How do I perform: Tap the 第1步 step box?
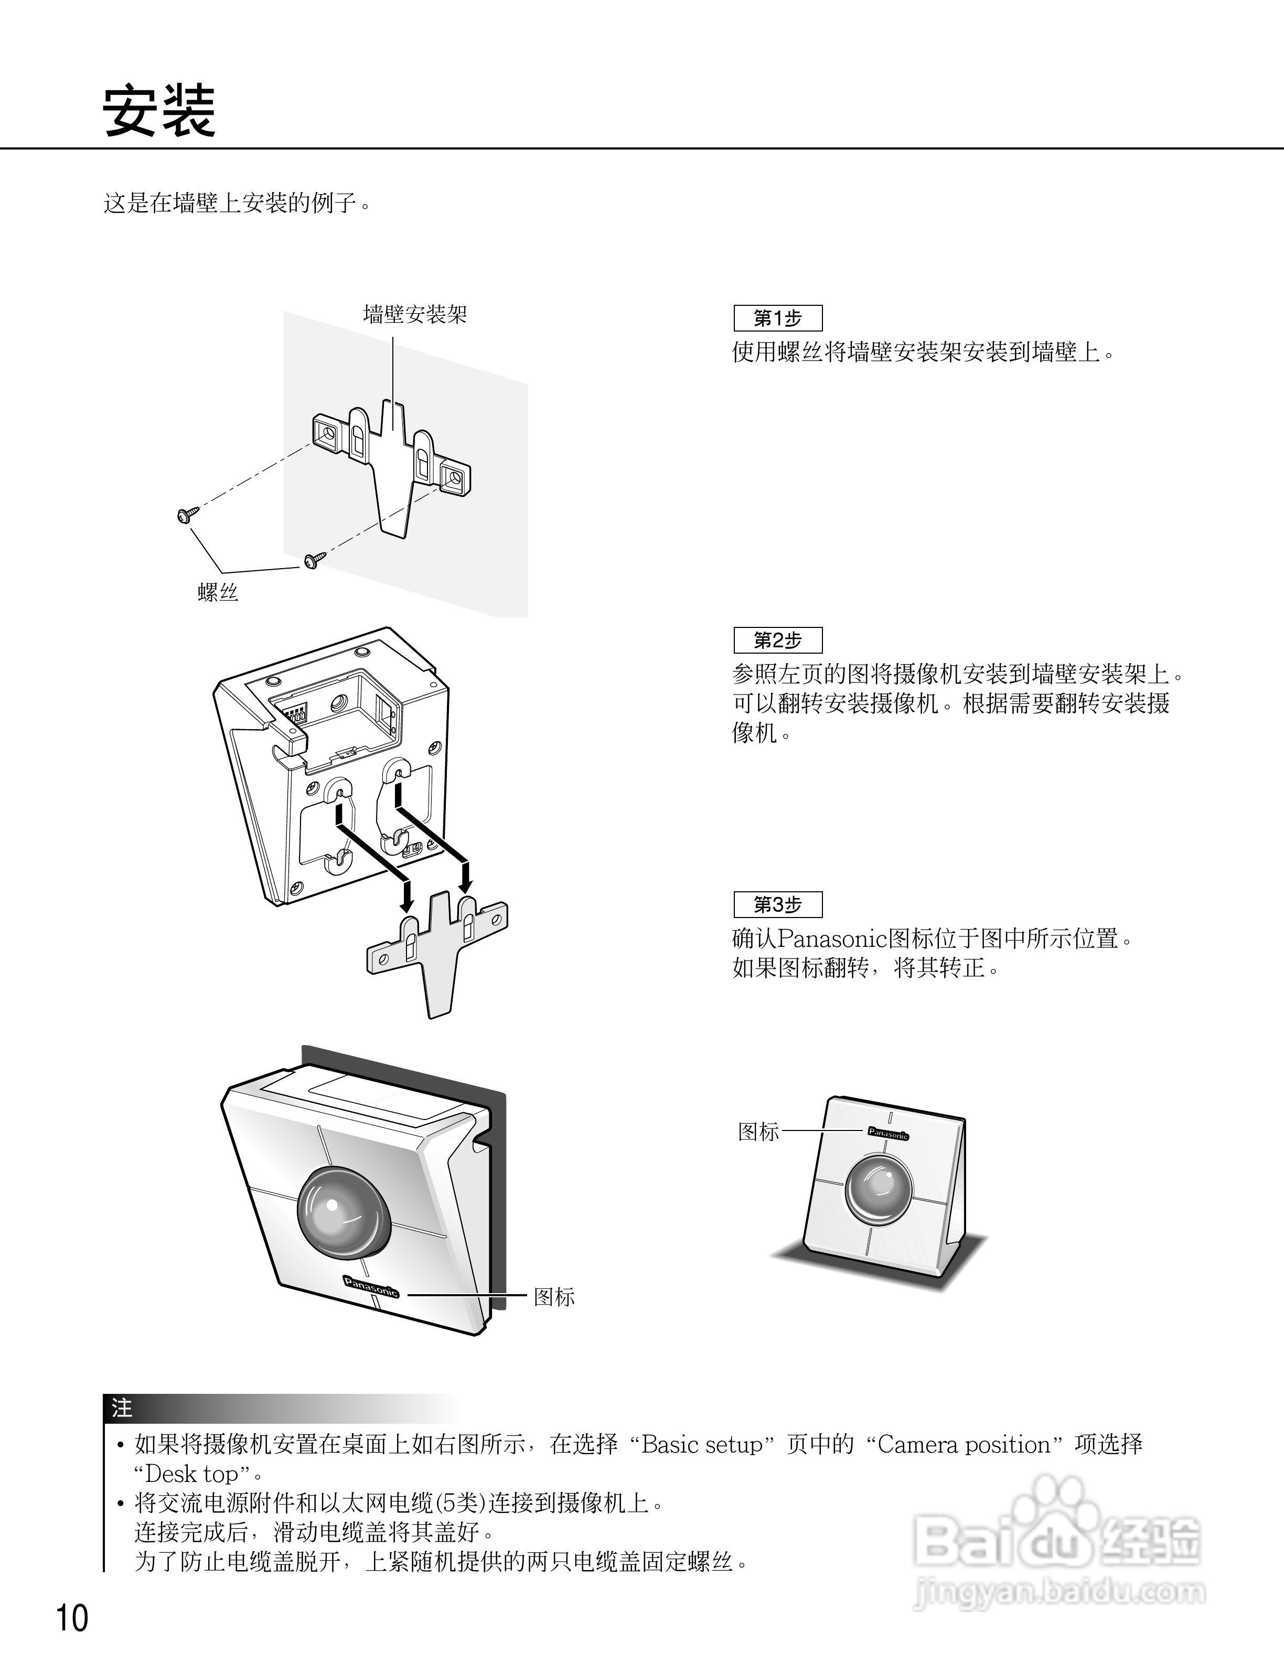click(x=777, y=318)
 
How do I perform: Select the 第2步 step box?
click(x=777, y=640)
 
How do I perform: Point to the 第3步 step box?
click(x=777, y=904)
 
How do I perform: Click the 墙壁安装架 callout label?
click(x=415, y=314)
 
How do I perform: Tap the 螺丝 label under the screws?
click(x=219, y=592)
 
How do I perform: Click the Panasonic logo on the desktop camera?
click(x=888, y=1133)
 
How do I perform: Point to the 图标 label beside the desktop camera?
click(x=758, y=1132)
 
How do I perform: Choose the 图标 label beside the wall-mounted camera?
click(x=554, y=1297)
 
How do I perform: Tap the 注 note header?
click(x=122, y=1408)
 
